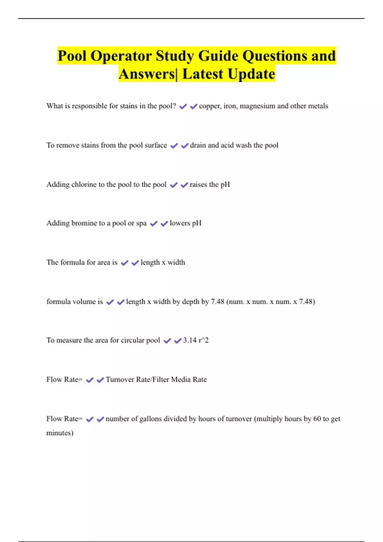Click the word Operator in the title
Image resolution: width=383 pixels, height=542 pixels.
click(121, 56)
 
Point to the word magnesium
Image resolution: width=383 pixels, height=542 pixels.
click(257, 106)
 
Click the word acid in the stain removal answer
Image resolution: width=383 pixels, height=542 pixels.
click(227, 145)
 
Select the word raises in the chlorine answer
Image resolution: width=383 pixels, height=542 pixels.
click(198, 185)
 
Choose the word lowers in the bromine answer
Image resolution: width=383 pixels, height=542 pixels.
click(180, 223)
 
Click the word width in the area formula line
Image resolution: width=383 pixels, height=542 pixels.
click(176, 262)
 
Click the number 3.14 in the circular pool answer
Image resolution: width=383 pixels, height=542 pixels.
click(190, 341)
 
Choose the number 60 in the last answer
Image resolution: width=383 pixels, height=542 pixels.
click(317, 419)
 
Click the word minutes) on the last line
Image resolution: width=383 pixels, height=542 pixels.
click(60, 433)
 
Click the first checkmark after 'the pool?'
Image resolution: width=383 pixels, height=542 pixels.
click(183, 106)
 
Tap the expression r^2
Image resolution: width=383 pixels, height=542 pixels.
click(204, 341)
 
